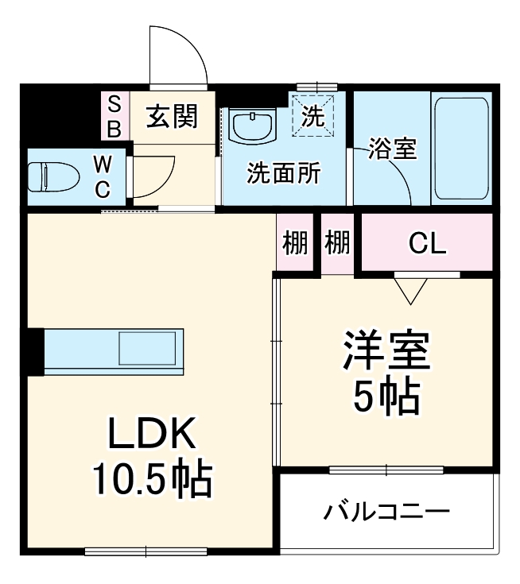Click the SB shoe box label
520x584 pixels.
pos(114,116)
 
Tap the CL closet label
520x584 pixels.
pos(427,244)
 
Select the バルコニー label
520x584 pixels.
pos(386,511)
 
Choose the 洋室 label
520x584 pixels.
pos(386,352)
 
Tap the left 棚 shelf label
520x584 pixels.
pos(296,244)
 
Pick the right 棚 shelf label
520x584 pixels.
pos(337,244)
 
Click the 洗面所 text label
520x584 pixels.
pos(283,173)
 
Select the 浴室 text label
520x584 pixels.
pos(391,149)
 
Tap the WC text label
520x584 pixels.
pos(103,176)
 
